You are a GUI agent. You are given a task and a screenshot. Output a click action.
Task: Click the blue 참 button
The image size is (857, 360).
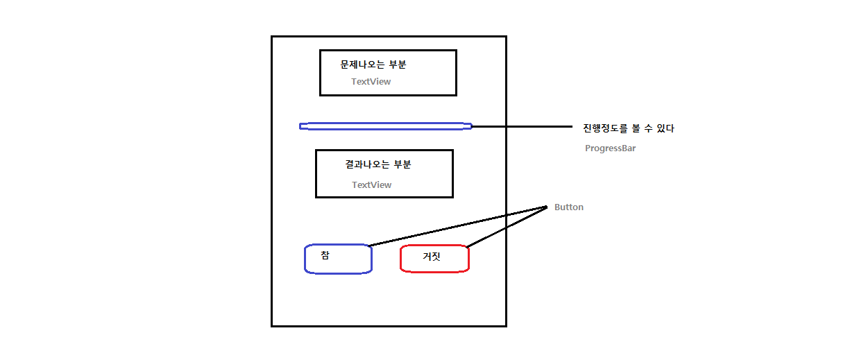(x=339, y=259)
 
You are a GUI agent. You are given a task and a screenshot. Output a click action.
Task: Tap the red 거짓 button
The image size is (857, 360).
(x=435, y=259)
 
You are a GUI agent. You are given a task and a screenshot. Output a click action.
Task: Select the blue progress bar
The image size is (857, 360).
(x=385, y=126)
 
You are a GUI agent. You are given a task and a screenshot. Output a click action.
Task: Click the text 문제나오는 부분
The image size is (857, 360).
(x=373, y=65)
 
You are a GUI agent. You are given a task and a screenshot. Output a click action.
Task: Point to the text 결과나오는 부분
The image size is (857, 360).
(x=377, y=164)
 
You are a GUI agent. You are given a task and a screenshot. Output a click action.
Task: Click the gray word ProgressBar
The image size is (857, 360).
(x=610, y=148)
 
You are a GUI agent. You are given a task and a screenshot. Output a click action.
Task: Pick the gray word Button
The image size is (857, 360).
(x=568, y=207)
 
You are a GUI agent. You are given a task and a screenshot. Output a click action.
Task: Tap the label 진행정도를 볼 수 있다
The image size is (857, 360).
(x=628, y=128)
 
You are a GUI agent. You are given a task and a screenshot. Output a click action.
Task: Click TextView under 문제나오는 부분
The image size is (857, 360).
(x=371, y=82)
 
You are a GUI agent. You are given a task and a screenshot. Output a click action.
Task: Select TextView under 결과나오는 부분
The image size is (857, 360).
(x=371, y=185)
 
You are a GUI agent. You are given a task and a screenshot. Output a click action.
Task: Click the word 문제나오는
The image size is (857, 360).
(x=362, y=65)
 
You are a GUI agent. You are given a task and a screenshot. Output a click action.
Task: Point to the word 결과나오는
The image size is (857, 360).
(x=366, y=164)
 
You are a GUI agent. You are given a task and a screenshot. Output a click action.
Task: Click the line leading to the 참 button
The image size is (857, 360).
(x=458, y=226)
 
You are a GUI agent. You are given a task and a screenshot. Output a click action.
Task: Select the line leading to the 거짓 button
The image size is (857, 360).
(x=507, y=227)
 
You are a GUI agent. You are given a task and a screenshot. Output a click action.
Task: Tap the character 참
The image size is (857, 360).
(x=325, y=255)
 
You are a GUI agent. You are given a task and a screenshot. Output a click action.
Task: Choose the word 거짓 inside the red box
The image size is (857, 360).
(x=432, y=257)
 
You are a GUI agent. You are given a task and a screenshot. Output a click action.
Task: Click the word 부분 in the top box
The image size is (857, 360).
(x=398, y=65)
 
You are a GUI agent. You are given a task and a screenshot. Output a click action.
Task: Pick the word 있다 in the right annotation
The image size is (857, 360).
(x=665, y=128)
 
